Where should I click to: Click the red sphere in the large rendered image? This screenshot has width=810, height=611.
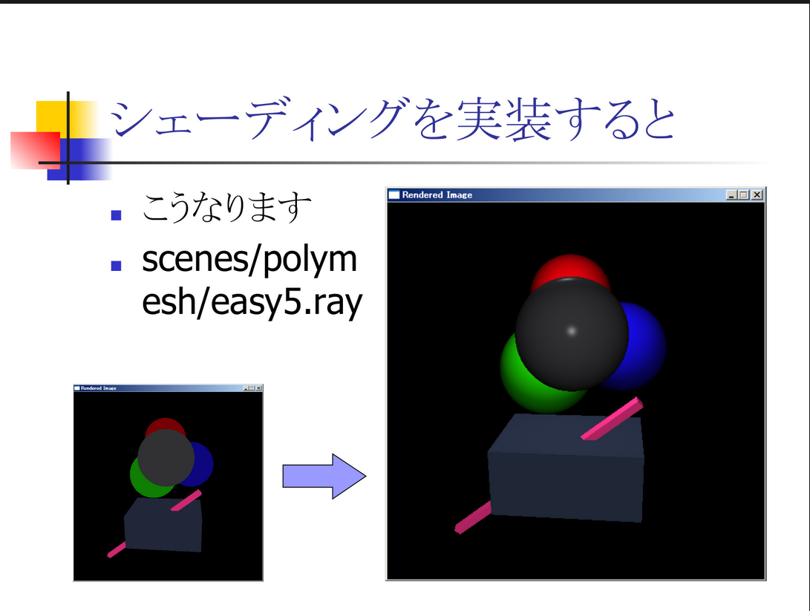[570, 267]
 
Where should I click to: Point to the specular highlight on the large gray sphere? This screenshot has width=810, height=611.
[572, 331]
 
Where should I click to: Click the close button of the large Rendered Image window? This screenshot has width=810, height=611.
[757, 195]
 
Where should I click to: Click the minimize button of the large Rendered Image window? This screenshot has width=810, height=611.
[731, 195]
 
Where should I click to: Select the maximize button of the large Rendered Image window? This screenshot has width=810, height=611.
[743, 195]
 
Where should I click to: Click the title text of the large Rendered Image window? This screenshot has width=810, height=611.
[437, 195]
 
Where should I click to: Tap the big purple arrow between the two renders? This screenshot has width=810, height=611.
[324, 476]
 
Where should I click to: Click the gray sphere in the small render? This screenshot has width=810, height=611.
[166, 457]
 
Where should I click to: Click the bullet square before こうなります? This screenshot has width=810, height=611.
[117, 215]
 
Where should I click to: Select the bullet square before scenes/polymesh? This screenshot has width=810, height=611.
[117, 266]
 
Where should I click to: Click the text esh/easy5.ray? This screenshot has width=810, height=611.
[252, 303]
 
